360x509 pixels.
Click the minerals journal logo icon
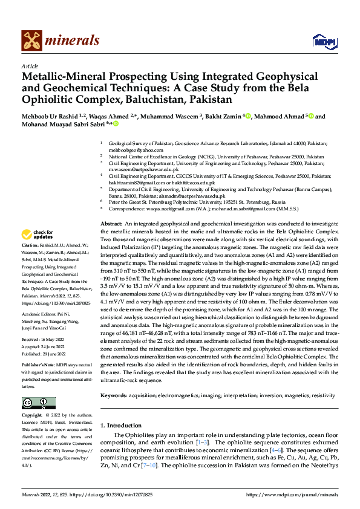[31, 41]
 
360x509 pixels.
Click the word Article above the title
[30, 66]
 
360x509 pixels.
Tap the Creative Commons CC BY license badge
[38, 404]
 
